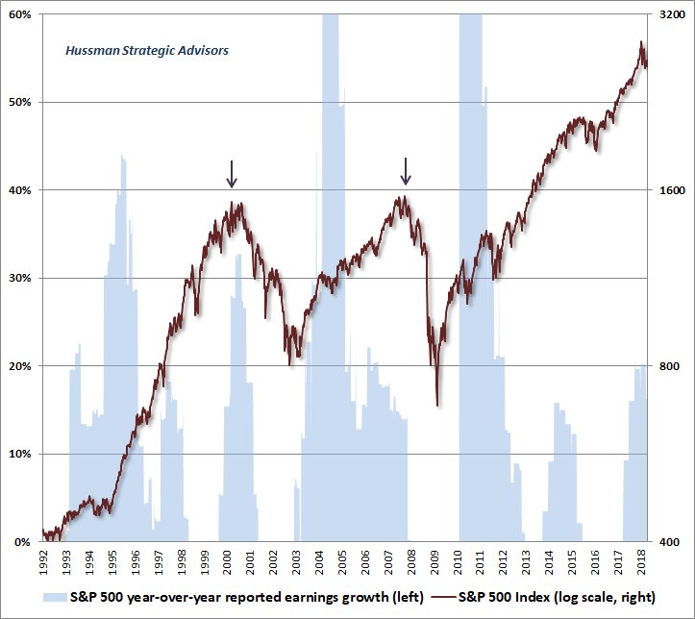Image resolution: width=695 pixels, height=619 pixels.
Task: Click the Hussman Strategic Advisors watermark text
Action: point(147,50)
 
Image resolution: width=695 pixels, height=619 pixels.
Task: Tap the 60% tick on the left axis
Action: point(20,14)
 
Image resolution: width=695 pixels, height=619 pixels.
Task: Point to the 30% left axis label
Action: point(20,278)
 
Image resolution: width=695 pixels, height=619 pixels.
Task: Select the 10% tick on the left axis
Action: point(20,454)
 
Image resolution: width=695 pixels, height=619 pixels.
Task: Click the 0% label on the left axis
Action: point(23,542)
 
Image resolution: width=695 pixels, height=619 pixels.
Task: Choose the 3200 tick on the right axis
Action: point(671,14)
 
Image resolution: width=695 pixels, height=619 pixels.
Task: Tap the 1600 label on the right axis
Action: point(671,190)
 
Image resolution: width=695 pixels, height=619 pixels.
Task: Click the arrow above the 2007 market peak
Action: point(406,170)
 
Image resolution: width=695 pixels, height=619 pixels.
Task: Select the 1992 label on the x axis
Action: point(44,562)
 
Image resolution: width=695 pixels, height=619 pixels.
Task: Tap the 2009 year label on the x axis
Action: point(435,562)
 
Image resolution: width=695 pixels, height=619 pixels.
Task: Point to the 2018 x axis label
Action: point(642,562)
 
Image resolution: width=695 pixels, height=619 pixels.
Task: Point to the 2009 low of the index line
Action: point(437,406)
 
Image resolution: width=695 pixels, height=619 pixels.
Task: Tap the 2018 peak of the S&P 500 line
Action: point(641,41)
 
